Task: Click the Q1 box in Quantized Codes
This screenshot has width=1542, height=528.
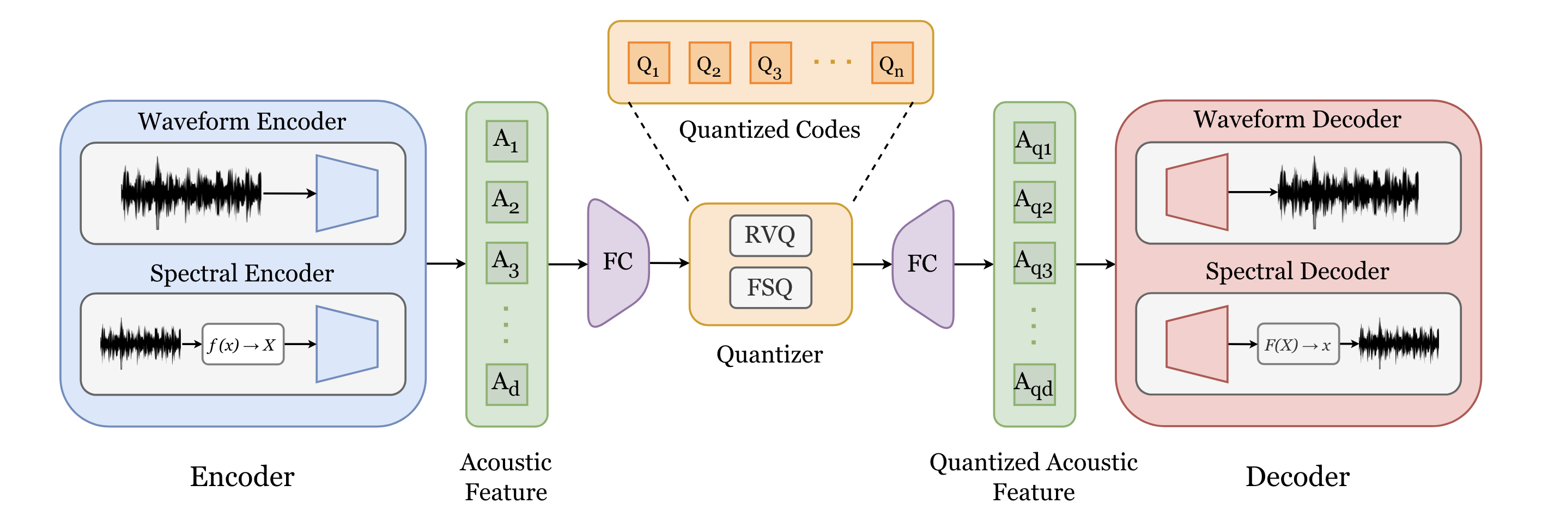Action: (x=648, y=63)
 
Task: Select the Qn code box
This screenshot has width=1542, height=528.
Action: (x=891, y=63)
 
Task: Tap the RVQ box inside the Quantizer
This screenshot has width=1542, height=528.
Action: (x=770, y=236)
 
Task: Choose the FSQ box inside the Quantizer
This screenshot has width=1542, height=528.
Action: (x=770, y=287)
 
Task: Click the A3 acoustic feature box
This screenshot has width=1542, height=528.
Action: (x=506, y=262)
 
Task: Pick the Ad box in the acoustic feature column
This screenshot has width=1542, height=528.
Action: (x=506, y=384)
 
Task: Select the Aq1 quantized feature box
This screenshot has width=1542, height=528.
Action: (x=1034, y=142)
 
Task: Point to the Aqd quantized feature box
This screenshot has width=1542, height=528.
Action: (x=1034, y=384)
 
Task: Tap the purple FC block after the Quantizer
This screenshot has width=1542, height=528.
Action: (x=922, y=263)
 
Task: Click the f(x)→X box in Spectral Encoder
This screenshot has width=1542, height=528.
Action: (x=242, y=345)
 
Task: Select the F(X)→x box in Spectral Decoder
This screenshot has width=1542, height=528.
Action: (x=1298, y=345)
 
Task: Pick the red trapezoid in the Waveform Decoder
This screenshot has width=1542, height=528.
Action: (x=1197, y=192)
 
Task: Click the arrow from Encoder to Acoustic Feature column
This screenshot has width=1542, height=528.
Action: (x=445, y=263)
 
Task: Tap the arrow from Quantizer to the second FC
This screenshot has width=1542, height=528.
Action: (x=872, y=263)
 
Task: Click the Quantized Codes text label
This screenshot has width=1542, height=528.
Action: (x=769, y=130)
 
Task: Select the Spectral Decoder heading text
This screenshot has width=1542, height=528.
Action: (x=1297, y=272)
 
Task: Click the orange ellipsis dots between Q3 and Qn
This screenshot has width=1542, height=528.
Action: (x=832, y=62)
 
